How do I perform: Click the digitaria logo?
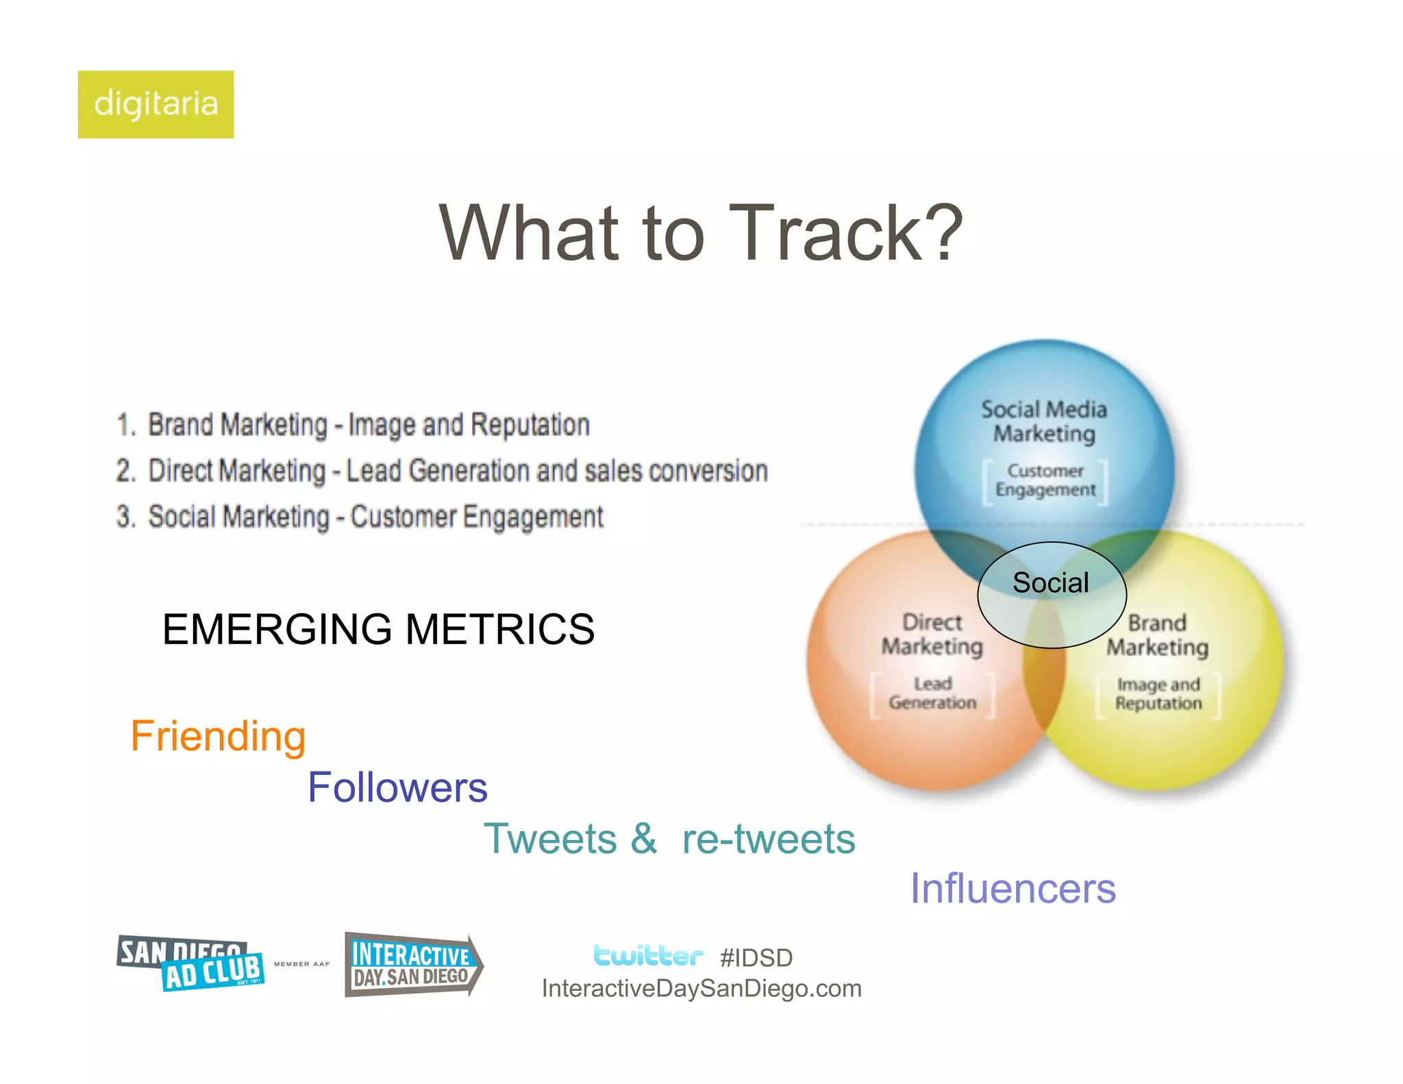point(156,104)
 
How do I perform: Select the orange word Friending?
point(218,736)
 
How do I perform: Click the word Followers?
point(397,787)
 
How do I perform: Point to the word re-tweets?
point(769,839)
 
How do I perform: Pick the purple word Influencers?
point(1013,889)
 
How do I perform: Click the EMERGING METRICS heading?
point(378,629)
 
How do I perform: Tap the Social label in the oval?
point(1050,583)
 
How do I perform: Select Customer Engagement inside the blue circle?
point(1045,480)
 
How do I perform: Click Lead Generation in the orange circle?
point(932,693)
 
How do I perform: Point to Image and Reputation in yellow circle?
point(1158,694)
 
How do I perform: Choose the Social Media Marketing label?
point(1044,421)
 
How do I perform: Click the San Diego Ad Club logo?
point(190,963)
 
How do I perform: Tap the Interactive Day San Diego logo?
point(412,965)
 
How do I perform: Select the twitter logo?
point(647,955)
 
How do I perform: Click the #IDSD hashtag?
point(756,958)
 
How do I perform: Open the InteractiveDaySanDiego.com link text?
point(701,989)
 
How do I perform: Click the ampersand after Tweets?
point(643,839)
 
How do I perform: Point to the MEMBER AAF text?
point(301,964)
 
